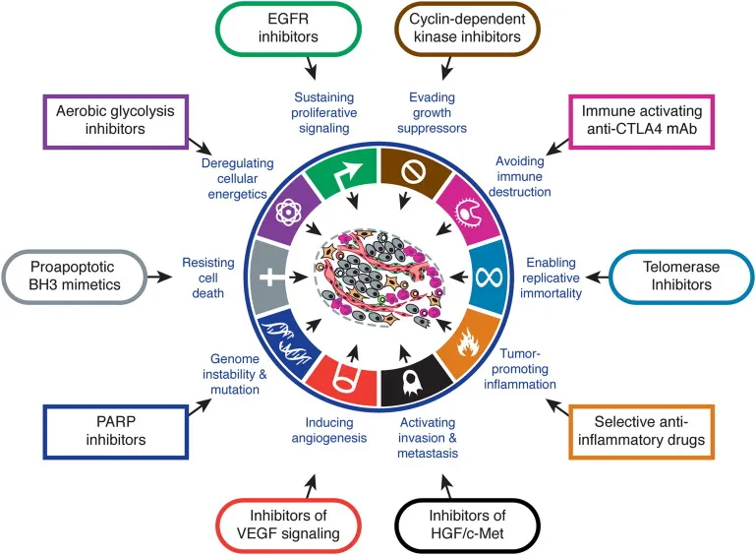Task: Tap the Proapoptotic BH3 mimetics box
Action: click(79, 277)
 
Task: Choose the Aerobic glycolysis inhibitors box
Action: click(103, 124)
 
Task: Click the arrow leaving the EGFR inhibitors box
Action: click(312, 70)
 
